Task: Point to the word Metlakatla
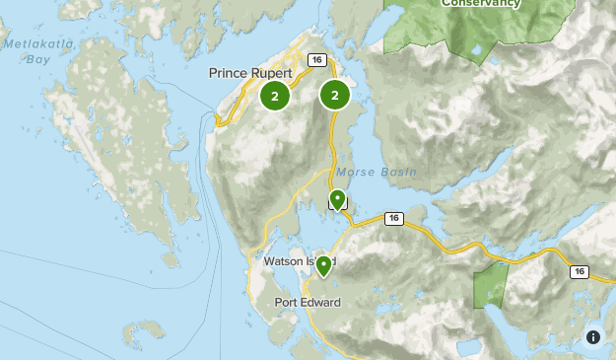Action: pyautogui.click(x=33, y=44)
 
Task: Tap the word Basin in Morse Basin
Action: pyautogui.click(x=396, y=172)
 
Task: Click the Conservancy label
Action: pyautogui.click(x=480, y=4)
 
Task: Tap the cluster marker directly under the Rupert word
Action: pyautogui.click(x=275, y=96)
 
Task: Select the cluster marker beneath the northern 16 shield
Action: pyautogui.click(x=335, y=96)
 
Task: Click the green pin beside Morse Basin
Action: pyautogui.click(x=337, y=200)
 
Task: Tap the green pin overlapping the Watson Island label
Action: pyautogui.click(x=322, y=265)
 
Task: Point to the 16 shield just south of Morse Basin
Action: pyautogui.click(x=394, y=218)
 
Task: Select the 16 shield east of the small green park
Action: pyautogui.click(x=579, y=271)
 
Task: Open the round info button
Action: pyautogui.click(x=593, y=336)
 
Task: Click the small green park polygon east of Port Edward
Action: pyautogui.click(x=489, y=287)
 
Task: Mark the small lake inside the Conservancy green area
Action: pyautogui.click(x=476, y=48)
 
